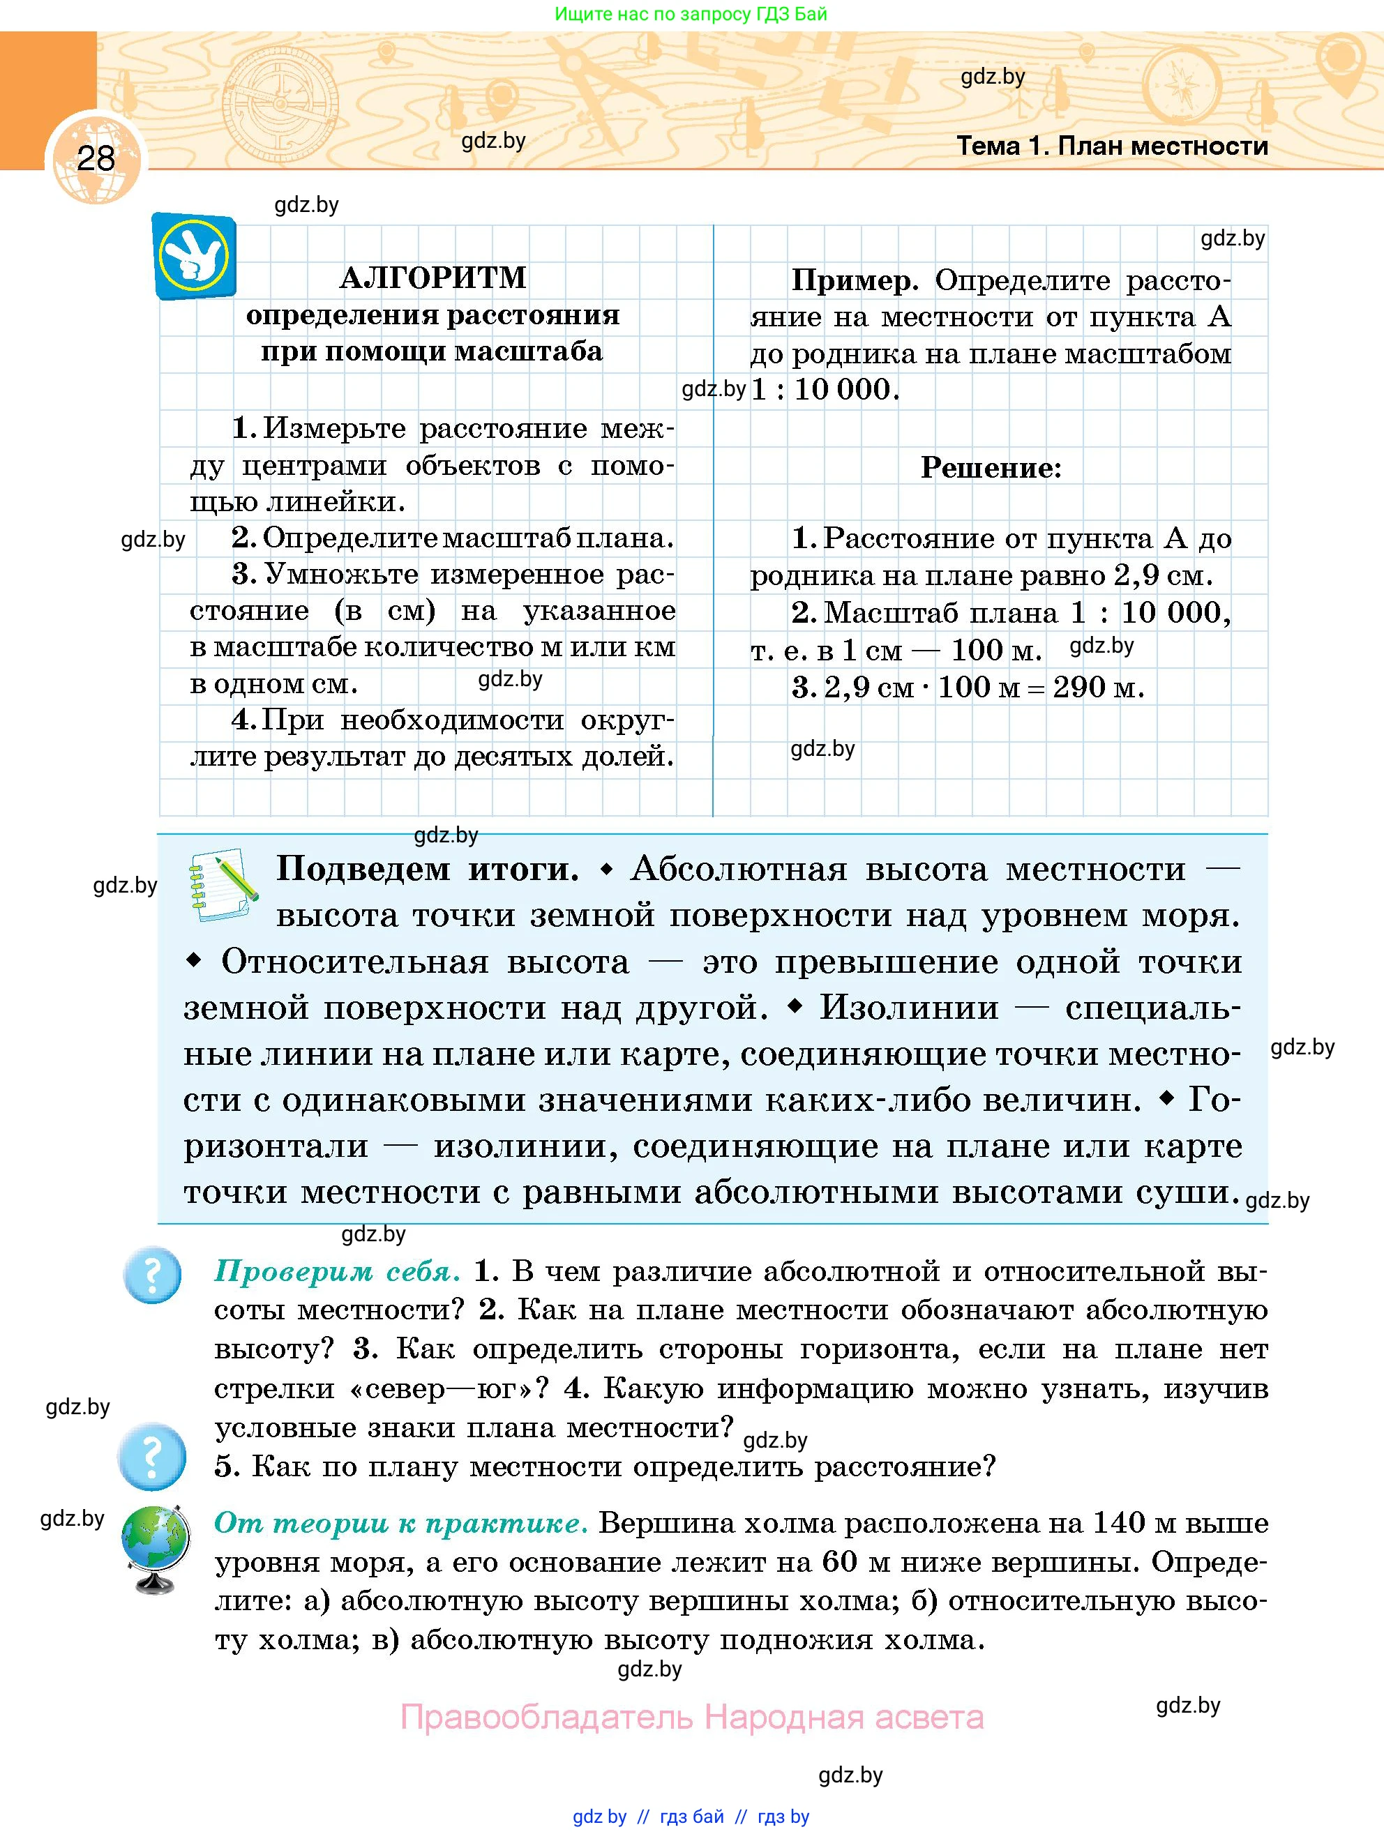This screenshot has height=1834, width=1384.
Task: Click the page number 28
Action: tap(96, 158)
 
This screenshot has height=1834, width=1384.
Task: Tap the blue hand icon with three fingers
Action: tap(194, 256)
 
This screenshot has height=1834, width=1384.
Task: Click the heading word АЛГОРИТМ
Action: tap(433, 278)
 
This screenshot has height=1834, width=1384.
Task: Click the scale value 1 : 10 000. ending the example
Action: tap(825, 389)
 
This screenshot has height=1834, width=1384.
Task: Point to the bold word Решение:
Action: tap(991, 468)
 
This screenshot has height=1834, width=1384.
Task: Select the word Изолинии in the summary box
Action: tap(909, 1008)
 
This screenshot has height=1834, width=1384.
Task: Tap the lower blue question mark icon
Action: tap(152, 1457)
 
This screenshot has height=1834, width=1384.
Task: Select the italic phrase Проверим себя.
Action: tap(337, 1271)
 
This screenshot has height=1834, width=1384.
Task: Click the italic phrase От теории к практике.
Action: tap(401, 1523)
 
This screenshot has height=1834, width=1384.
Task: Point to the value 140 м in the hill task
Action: tap(1133, 1523)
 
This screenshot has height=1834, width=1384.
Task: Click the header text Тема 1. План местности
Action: tap(1112, 146)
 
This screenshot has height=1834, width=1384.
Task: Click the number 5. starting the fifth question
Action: tap(227, 1467)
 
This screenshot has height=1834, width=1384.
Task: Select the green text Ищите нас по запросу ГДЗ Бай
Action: tap(691, 14)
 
